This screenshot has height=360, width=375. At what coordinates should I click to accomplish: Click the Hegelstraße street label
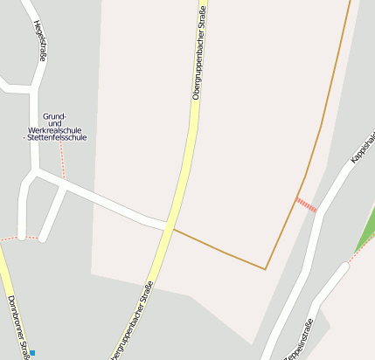(x=38, y=40)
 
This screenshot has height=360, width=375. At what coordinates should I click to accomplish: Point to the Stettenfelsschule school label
(x=59, y=137)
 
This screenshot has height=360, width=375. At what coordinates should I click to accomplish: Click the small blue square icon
(x=32, y=353)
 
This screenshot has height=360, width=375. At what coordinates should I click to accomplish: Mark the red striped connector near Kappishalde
(x=307, y=206)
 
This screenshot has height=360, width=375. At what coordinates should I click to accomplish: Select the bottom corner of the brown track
(x=265, y=269)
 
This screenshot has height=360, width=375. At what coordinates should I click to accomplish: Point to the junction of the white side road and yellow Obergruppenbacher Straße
(x=166, y=226)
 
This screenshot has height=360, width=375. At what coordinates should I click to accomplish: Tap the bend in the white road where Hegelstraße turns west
(x=35, y=88)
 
